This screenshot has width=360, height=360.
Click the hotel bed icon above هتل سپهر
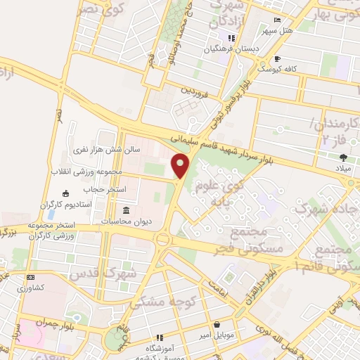pos(277,20)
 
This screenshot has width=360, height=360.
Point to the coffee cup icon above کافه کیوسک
pos(278,58)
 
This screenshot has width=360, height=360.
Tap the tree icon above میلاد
pos(343,157)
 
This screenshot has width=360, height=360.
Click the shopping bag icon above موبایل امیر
pos(217,326)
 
